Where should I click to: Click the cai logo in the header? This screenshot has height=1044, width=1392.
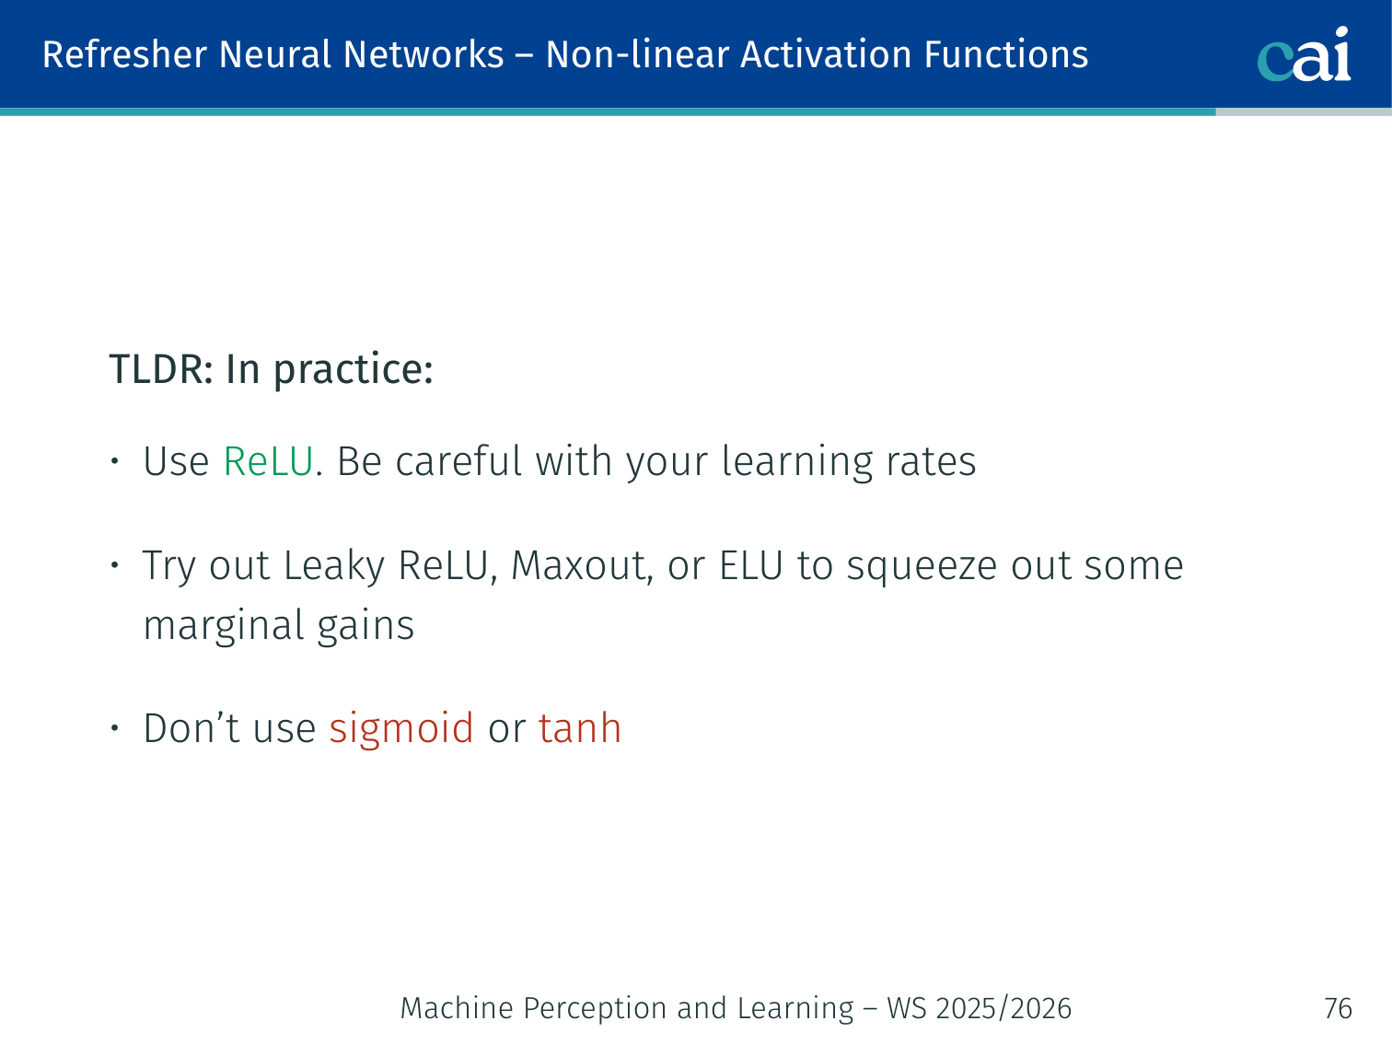1304,54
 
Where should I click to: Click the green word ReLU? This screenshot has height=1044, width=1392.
268,461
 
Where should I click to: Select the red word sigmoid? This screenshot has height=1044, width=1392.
401,729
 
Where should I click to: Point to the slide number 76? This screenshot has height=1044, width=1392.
1338,1008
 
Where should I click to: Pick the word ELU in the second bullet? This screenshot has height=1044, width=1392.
751,564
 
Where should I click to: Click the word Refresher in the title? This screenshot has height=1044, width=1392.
125,54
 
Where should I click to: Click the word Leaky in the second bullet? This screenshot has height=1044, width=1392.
333,566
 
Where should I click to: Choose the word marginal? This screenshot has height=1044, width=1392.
223,627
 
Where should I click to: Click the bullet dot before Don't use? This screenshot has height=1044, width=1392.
115,728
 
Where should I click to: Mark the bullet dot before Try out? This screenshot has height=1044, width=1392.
115,564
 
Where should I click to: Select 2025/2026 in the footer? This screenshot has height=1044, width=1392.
1003,1008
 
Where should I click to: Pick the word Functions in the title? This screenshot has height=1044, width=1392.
1006,54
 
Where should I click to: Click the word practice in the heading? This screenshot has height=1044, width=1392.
354,370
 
